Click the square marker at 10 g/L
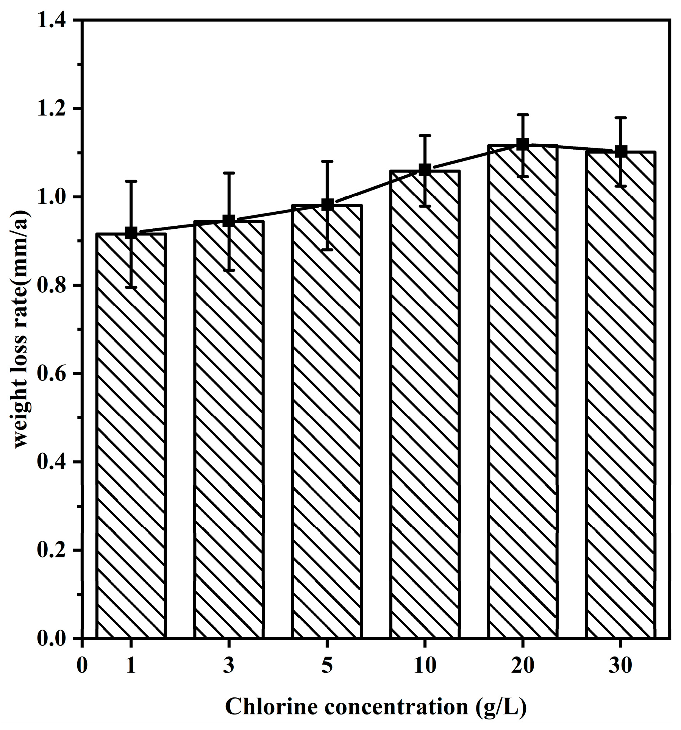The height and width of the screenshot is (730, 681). (425, 170)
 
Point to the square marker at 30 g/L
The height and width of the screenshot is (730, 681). (621, 151)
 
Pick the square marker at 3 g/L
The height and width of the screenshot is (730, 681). (229, 220)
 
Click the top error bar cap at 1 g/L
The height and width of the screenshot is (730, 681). (131, 181)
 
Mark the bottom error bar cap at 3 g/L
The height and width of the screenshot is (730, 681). (229, 270)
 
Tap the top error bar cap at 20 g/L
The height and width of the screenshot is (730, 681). (523, 114)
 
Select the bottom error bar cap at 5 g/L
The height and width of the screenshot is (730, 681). (327, 250)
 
